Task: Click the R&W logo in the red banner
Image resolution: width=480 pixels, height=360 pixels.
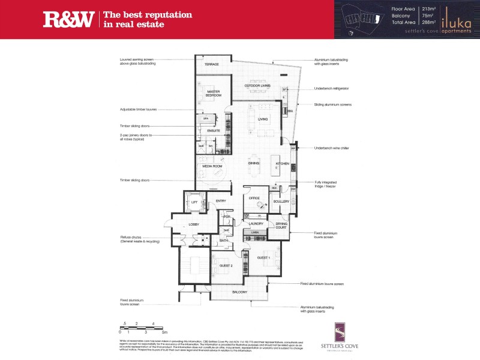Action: [68, 20]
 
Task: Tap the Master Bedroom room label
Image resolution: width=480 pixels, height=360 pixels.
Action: [214, 94]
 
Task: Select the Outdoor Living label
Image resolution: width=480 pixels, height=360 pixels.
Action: [257, 86]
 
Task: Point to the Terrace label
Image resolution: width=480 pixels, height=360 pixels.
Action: [211, 64]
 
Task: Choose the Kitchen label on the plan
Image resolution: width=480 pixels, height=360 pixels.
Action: [282, 164]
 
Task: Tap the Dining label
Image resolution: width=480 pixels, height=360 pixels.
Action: [254, 163]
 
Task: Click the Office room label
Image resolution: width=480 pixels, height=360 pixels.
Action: [254, 197]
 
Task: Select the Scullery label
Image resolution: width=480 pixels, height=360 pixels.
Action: [281, 202]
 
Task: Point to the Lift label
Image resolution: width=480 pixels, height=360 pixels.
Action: [194, 202]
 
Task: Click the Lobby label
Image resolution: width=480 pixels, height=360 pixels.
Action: [194, 224]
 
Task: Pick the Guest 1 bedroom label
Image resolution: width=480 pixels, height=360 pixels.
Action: [263, 257]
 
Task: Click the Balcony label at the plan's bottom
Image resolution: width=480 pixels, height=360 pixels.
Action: [239, 292]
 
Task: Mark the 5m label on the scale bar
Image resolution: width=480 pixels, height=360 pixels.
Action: [164, 331]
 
